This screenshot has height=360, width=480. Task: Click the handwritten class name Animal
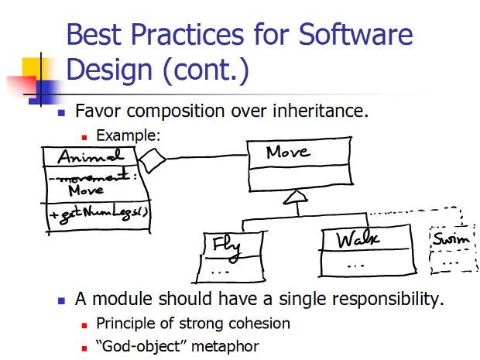click(91, 156)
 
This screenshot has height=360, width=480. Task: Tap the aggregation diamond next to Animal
click(153, 160)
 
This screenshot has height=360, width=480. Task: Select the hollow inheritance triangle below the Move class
click(296, 197)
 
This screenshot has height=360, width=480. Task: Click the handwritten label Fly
click(227, 247)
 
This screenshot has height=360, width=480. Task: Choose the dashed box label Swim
click(451, 238)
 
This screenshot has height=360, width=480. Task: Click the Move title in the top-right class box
click(288, 153)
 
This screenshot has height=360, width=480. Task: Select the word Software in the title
click(355, 34)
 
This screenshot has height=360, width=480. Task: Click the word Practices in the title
click(187, 34)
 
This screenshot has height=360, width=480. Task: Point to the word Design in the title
click(109, 70)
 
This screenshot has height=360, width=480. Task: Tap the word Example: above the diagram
click(129, 135)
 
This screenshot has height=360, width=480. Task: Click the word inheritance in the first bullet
click(321, 111)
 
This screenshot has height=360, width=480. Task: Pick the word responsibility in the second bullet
click(362, 299)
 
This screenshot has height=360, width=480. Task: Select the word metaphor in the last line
click(225, 347)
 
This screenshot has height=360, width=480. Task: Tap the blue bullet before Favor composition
click(61, 113)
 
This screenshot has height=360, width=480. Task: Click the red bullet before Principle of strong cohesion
click(84, 325)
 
